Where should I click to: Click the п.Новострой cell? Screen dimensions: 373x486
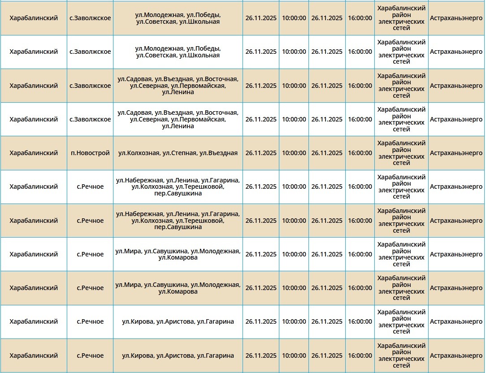pos(90,153)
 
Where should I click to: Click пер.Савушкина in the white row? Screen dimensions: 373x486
pos(178,193)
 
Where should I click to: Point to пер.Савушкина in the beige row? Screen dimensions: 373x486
pos(178,227)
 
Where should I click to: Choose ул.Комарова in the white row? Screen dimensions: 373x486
pos(178,257)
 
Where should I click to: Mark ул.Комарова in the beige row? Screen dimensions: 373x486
pos(178,291)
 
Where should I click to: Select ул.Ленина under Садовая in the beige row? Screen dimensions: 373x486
pos(178,92)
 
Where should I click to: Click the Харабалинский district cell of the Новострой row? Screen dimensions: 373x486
pos(34,153)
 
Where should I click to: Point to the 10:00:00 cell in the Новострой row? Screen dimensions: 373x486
pos(294,153)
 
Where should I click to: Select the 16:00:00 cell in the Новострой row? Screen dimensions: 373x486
pos(360,153)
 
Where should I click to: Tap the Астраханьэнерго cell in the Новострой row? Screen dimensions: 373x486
pos(456,153)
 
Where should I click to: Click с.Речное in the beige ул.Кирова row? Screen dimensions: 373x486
pos(90,356)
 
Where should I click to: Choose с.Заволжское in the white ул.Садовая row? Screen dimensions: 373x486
pos(90,119)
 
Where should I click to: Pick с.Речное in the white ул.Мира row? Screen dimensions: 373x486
pos(90,254)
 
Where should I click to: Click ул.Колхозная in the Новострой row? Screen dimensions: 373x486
pos(139,153)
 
